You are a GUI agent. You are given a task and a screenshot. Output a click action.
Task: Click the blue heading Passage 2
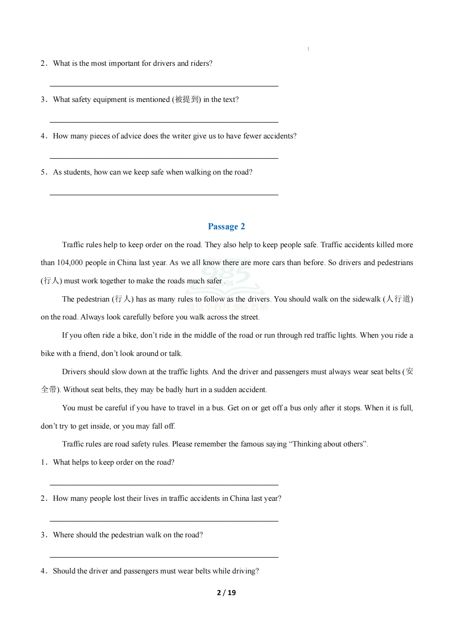pos(226,227)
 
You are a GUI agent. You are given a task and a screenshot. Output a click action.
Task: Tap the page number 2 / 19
pos(226,592)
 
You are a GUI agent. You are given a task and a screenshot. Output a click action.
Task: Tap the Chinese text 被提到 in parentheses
pos(187,100)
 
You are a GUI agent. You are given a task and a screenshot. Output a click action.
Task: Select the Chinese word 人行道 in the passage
pos(398,299)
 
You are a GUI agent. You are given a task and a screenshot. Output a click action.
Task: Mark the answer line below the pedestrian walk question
pos(164,557)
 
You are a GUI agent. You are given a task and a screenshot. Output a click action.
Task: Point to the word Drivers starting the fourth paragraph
pos(74,372)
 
